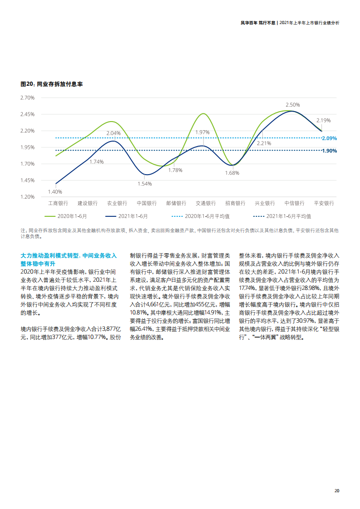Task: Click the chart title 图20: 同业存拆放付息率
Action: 51,84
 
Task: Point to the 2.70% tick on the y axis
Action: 28,98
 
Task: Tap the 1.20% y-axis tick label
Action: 28,197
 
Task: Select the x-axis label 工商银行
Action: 58,203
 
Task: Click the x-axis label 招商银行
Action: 235,203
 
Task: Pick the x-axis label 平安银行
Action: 324,203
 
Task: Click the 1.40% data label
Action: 55,192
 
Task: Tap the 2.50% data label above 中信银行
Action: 292,105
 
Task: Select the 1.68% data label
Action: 232,173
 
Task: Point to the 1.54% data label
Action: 144,184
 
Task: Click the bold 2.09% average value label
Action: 329,138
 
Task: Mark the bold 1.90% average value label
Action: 329,151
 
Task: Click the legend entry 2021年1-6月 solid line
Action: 127,216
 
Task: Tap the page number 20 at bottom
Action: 336,490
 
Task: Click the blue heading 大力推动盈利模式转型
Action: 50,255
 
